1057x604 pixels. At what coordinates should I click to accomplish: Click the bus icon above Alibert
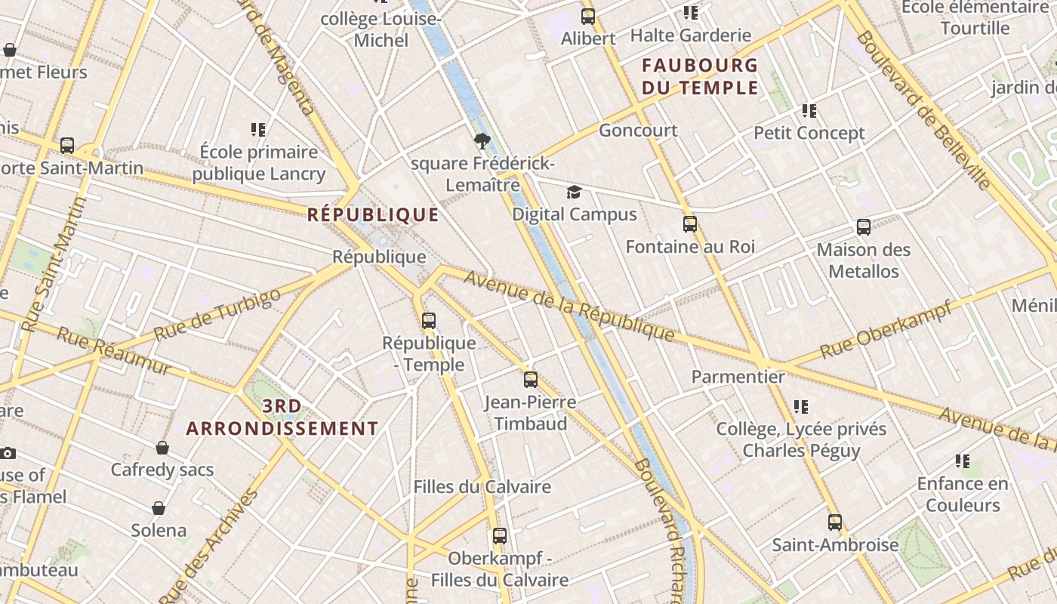coord(588,16)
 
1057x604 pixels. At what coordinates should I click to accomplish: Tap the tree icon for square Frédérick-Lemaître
coord(482,141)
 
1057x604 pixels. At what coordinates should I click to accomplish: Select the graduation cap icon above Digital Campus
coord(575,193)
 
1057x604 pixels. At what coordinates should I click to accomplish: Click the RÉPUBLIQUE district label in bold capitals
coord(373,215)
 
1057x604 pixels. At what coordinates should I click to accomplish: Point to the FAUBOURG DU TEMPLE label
coord(699,76)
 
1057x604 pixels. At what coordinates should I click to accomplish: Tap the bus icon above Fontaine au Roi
coord(690,224)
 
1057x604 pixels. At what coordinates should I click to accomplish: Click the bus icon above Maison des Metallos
coord(864,227)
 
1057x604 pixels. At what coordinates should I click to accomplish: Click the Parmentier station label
coord(738,376)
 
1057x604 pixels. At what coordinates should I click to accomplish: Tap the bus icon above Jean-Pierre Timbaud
coord(531,380)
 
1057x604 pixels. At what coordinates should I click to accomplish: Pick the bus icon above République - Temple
coord(429,321)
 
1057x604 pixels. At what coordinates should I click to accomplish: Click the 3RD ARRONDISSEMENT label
coord(282,418)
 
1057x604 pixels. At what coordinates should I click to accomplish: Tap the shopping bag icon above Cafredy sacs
coord(162,448)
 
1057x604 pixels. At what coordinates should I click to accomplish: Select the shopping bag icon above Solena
coord(159,508)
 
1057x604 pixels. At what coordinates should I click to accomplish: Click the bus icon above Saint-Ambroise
coord(835,522)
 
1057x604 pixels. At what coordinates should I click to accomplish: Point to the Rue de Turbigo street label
coord(217,314)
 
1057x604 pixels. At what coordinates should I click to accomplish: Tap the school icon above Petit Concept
coord(809,111)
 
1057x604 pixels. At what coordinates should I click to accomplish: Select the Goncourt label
coord(638,131)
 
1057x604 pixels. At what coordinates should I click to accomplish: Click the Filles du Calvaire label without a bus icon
coord(482,487)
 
